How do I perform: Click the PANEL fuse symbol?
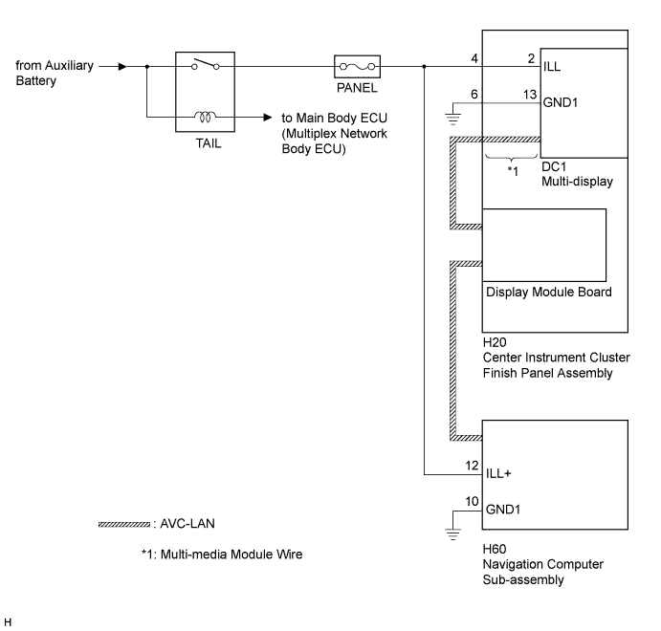point(357,67)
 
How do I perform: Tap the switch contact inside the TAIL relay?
point(206,64)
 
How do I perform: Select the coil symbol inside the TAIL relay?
point(205,117)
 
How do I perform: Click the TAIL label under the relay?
point(209,143)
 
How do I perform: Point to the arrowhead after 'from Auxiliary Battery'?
point(122,67)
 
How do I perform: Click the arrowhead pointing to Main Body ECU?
point(268,117)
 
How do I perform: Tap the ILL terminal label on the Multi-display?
point(552,67)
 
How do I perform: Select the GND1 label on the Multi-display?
point(561,102)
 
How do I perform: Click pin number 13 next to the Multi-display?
point(530,95)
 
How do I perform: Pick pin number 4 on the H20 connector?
point(474,58)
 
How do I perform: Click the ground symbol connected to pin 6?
point(452,120)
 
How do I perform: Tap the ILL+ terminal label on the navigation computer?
point(498,473)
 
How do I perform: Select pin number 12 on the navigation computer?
point(473,466)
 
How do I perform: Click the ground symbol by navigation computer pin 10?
point(452,534)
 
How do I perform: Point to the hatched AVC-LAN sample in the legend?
point(124,525)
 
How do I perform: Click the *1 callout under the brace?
point(513,171)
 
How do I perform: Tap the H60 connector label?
point(495,549)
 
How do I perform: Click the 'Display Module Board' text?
point(549,292)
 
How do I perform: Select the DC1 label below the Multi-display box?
point(554,166)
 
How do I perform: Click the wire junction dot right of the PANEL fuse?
point(424,67)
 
